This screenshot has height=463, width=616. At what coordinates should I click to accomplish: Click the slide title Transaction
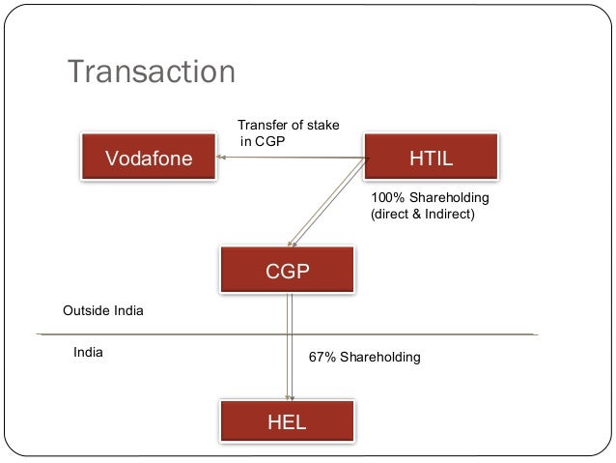[151, 72]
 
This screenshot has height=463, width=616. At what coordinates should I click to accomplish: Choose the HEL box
[287, 421]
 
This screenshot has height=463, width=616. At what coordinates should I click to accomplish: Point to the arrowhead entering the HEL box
[288, 396]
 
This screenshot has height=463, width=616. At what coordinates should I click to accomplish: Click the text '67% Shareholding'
[364, 358]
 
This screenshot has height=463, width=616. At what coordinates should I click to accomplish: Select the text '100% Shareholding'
[430, 197]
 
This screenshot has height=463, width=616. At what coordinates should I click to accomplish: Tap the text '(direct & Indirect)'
[423, 215]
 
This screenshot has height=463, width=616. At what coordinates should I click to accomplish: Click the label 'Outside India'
[102, 311]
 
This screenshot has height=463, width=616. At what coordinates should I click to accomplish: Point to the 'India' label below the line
[88, 353]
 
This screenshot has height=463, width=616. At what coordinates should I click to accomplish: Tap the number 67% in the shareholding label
[322, 358]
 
